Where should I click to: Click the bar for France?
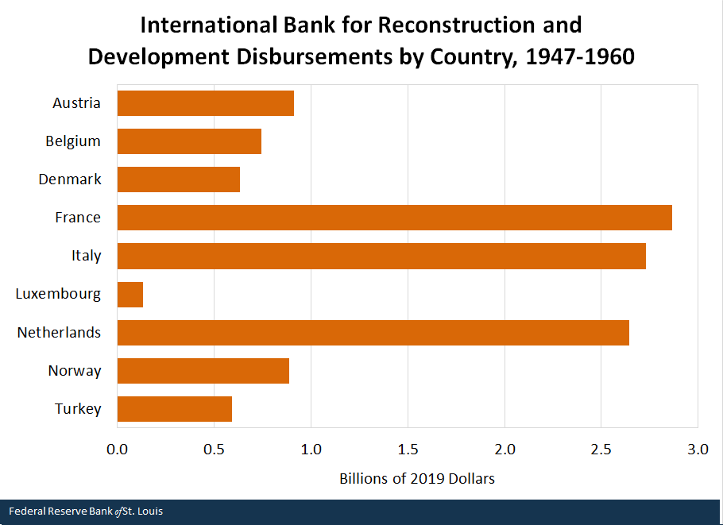(394, 218)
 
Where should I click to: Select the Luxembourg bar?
(130, 294)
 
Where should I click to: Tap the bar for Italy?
(381, 256)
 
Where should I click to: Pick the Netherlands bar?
(373, 333)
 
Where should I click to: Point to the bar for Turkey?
(175, 409)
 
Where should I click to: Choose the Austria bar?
(206, 103)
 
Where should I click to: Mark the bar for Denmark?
(179, 180)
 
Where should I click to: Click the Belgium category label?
(73, 141)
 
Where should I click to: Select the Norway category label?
(75, 371)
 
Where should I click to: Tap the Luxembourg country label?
(58, 294)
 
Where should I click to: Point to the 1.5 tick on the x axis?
(408, 450)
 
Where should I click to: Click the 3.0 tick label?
(698, 450)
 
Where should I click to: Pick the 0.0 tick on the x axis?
(118, 450)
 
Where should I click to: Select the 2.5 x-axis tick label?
(601, 450)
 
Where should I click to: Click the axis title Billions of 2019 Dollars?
(417, 479)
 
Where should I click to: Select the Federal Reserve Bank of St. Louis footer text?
(86, 511)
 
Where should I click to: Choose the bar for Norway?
(203, 371)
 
